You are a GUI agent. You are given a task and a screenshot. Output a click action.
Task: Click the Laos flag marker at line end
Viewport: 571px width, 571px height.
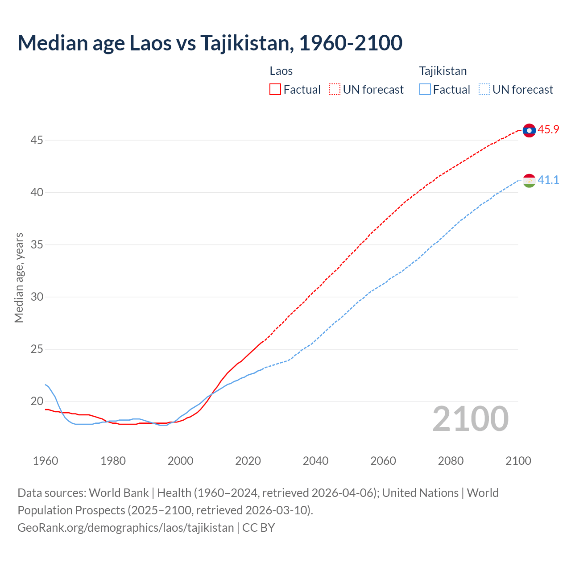[x=529, y=130]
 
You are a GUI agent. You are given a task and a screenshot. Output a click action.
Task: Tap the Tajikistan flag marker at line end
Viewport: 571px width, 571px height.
[x=529, y=181]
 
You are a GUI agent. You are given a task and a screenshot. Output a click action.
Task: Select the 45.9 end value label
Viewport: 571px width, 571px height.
[x=548, y=130]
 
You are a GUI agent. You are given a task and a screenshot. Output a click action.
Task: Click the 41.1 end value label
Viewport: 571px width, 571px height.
[x=548, y=180]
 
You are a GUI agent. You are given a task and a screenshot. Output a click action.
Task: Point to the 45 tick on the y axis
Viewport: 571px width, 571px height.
[x=37, y=141]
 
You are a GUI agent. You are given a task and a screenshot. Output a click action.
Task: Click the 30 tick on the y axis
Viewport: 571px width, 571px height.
[x=37, y=297]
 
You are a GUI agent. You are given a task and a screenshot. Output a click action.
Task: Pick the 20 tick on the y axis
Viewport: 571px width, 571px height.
[x=37, y=401]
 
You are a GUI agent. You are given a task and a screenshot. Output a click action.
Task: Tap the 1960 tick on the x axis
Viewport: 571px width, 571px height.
[x=46, y=461]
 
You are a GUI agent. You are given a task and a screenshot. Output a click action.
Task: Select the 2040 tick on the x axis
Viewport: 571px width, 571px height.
[x=315, y=461]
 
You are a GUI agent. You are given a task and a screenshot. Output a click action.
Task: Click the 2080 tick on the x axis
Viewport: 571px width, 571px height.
[x=451, y=461]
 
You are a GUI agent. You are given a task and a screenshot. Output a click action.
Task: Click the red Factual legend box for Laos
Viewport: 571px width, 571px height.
[x=275, y=90]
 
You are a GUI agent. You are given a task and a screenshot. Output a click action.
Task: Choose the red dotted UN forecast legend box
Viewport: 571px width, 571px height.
[x=335, y=90]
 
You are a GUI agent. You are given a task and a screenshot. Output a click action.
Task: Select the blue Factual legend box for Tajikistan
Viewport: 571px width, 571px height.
[x=425, y=90]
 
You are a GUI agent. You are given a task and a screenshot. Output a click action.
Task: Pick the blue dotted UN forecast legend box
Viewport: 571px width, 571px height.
[x=484, y=90]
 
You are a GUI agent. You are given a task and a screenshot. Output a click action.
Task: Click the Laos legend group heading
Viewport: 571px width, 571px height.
[x=281, y=71]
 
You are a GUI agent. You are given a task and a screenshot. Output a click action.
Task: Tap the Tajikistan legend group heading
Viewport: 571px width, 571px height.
[x=443, y=71]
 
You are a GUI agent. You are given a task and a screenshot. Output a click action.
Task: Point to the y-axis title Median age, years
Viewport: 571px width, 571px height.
[x=19, y=277]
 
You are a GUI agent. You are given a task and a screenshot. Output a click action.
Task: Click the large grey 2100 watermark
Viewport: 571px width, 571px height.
[x=471, y=419]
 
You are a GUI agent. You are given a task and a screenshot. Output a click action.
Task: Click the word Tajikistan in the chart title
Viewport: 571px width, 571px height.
[x=246, y=43]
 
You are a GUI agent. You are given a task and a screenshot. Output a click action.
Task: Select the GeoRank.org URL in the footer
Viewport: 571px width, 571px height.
[x=125, y=528]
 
